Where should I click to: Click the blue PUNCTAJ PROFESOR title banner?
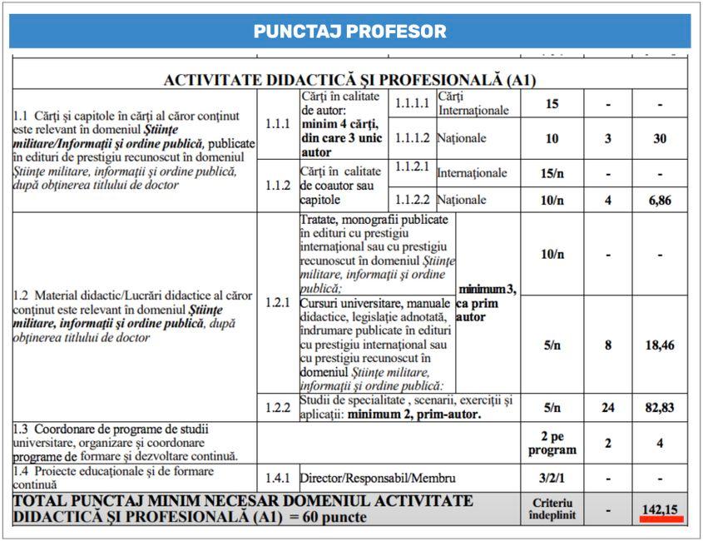click(x=350, y=32)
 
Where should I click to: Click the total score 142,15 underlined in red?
click(x=661, y=508)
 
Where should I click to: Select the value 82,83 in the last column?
click(x=660, y=408)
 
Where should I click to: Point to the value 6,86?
click(x=660, y=201)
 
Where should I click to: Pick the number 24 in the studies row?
click(x=607, y=408)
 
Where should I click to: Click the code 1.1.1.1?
click(x=412, y=104)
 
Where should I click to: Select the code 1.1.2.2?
click(x=412, y=200)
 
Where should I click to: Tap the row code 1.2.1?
click(x=277, y=302)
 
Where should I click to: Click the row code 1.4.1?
click(x=277, y=479)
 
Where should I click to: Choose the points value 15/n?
click(x=552, y=173)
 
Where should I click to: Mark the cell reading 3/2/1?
click(x=552, y=479)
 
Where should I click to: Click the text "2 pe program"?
click(x=552, y=443)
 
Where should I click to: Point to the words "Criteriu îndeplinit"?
click(x=552, y=509)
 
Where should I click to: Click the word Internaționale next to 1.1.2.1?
click(x=472, y=173)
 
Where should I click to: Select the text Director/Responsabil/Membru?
click(x=378, y=479)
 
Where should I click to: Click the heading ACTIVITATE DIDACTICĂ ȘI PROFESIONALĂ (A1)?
click(x=349, y=80)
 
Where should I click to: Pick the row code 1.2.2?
click(x=277, y=408)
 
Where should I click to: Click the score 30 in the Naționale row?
click(x=660, y=138)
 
